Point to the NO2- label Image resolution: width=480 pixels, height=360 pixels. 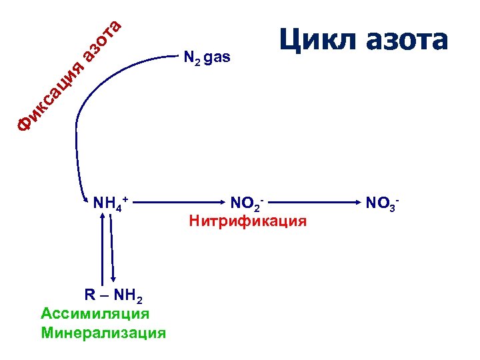pyautogui.click(x=247, y=202)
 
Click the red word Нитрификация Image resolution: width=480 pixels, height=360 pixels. pyautogui.click(x=248, y=220)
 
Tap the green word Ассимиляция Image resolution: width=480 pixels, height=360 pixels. pyautogui.click(x=95, y=313)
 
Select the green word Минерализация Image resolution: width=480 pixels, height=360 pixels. pyautogui.click(x=103, y=332)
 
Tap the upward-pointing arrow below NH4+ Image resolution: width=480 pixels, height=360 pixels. pyautogui.click(x=102, y=247)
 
